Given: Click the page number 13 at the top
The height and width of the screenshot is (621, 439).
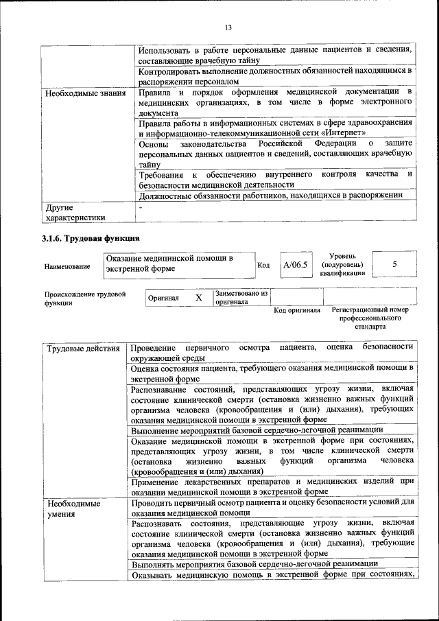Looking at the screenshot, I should [228, 27].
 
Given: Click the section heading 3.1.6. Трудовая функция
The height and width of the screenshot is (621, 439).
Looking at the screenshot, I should [91, 239].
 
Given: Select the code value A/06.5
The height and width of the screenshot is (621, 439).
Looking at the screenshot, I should [296, 264].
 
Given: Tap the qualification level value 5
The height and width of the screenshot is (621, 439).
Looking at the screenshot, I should [394, 264].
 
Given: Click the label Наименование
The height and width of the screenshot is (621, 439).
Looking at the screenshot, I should [67, 266].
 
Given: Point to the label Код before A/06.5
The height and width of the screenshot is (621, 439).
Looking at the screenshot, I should [264, 265].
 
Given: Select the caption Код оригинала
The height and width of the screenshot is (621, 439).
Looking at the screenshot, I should [297, 310].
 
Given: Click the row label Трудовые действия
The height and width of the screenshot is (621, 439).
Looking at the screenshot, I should [83, 349].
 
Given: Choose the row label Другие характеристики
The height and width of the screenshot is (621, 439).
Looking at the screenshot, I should [75, 212].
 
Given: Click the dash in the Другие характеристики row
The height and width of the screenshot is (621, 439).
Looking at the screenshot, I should [141, 207].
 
